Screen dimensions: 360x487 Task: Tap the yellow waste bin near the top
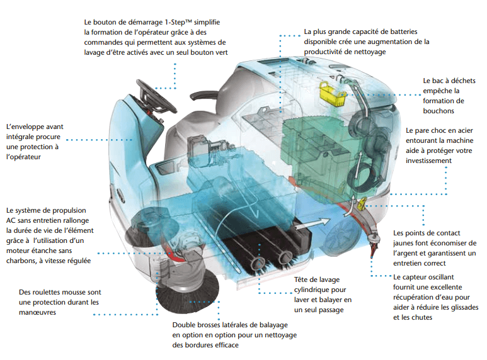click(328, 93)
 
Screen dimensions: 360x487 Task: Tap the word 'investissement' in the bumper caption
click(429, 160)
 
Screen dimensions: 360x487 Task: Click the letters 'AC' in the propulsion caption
click(13, 220)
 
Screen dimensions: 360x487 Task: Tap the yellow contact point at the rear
click(362, 204)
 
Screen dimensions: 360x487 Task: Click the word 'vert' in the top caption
click(220, 52)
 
